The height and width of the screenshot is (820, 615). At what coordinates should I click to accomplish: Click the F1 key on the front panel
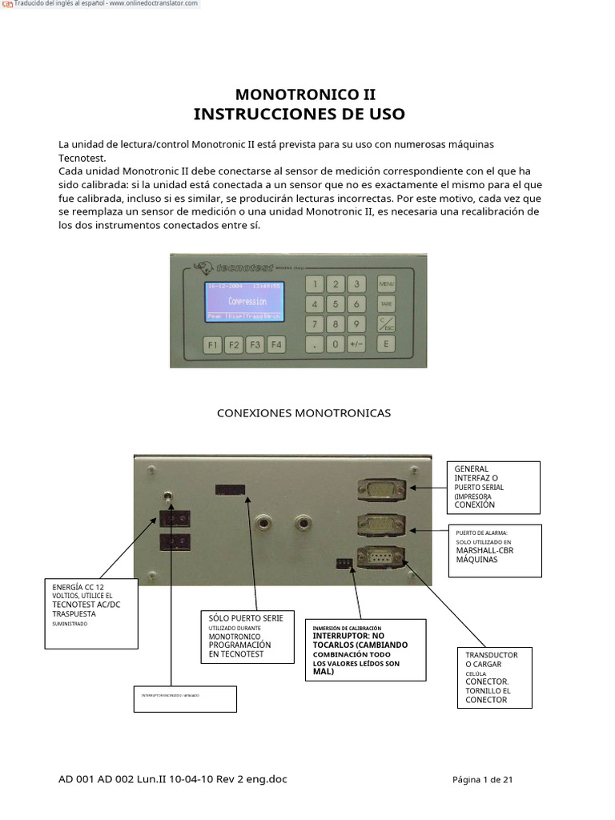212,345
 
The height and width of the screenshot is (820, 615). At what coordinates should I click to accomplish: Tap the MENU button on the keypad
387,284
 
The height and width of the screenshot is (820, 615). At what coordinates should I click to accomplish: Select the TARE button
387,304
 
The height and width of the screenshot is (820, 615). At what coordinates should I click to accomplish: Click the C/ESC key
387,324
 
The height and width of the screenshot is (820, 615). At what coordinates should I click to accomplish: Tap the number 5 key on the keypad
336,304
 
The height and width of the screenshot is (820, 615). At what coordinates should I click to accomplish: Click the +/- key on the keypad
356,344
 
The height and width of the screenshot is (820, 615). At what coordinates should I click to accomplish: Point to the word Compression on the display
247,302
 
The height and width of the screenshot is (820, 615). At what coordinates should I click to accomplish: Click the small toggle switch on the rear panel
169,497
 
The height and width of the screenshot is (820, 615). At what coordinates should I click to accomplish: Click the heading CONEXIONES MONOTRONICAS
304,413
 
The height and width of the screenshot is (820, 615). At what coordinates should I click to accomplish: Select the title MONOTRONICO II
299,94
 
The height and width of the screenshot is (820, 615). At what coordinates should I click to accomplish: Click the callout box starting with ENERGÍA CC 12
91,606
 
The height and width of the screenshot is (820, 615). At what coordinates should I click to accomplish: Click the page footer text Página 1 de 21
482,780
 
